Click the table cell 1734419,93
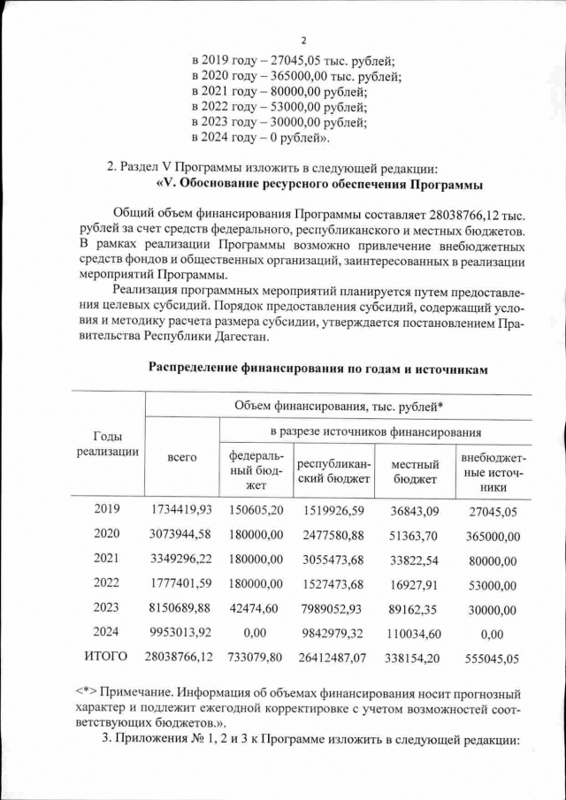click(x=181, y=510)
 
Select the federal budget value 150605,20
click(x=256, y=510)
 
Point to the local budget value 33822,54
click(x=415, y=560)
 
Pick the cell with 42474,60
click(x=256, y=608)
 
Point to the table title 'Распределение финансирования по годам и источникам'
click(x=317, y=366)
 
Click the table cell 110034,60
click(x=415, y=633)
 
